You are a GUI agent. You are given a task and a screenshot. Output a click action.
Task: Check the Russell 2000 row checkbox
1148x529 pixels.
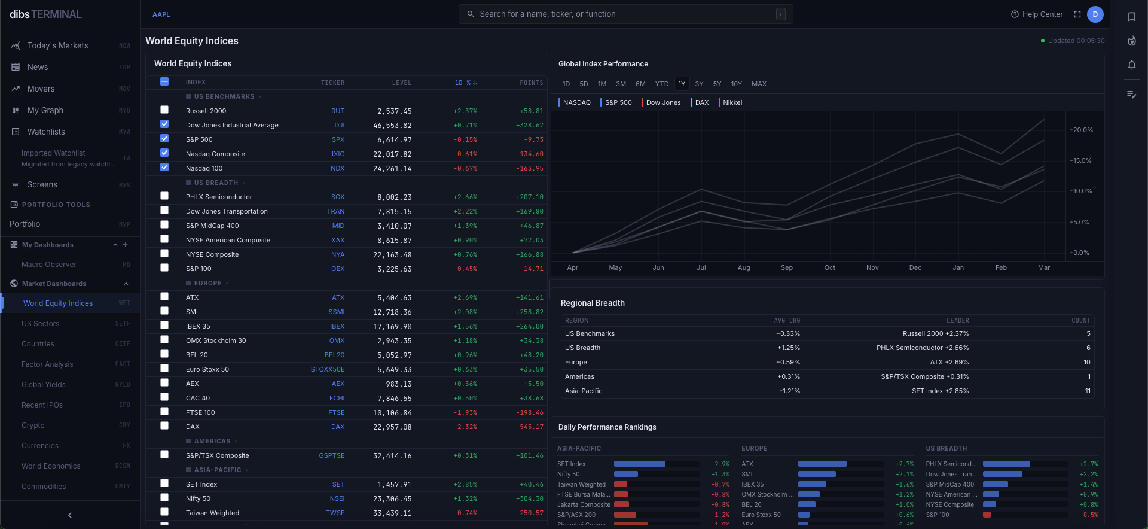pos(164,110)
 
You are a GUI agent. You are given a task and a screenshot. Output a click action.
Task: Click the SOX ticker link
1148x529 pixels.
pos(338,197)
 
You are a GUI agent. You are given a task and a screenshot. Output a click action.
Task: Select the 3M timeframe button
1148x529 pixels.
pos(621,84)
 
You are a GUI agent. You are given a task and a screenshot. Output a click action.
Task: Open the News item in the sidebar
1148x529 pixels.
pos(38,67)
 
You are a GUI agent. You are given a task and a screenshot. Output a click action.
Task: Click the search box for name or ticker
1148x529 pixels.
pos(625,14)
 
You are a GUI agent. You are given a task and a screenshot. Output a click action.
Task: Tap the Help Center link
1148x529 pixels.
pos(1037,14)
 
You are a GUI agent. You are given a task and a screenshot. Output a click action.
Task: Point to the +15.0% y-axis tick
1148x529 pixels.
pos(1080,160)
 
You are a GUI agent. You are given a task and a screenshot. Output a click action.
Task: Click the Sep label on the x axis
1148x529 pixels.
pos(787,267)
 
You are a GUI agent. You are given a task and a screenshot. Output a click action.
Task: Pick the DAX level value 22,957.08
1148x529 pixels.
pos(392,427)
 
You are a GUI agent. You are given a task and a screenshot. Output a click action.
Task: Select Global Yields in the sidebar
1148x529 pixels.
pos(44,385)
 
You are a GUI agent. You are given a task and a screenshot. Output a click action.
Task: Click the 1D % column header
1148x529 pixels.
pos(466,83)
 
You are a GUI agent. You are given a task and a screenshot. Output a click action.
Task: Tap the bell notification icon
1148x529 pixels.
pos(1132,65)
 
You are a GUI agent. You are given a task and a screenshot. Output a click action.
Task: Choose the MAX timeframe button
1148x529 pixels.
pos(759,84)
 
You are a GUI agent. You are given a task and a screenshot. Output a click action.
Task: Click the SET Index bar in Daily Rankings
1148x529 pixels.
pos(639,464)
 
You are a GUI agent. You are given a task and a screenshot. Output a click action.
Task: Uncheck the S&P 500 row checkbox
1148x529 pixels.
pos(164,139)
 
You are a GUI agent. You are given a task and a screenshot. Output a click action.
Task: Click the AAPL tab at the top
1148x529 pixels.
pos(161,14)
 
